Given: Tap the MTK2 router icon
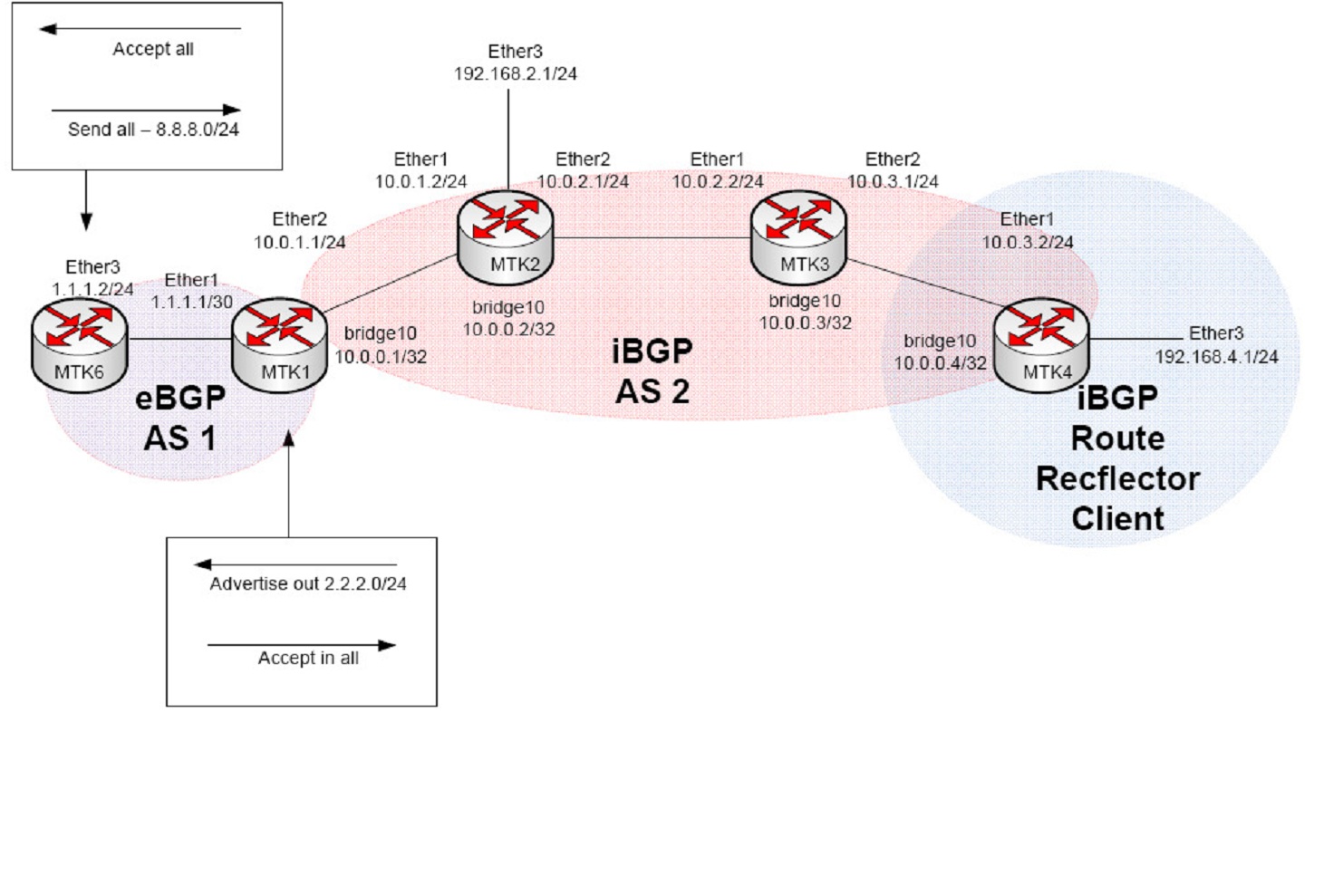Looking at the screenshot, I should click(x=505, y=238).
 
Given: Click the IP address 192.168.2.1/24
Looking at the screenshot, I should click(x=515, y=74).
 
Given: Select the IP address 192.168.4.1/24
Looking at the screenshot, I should click(x=1216, y=357).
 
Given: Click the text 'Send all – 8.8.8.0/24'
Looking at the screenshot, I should click(x=153, y=130).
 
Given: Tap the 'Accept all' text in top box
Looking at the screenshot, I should click(x=153, y=49).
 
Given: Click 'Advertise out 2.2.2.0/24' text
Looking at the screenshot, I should click(x=308, y=584).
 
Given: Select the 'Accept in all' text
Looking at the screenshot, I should click(x=308, y=659).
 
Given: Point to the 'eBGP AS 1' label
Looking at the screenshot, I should click(x=179, y=419).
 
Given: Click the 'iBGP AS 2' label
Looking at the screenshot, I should click(x=652, y=371).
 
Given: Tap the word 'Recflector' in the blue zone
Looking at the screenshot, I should click(x=1117, y=478).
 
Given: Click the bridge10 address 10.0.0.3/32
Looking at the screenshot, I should click(x=805, y=323).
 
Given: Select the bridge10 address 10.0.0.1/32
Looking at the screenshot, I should click(x=381, y=357).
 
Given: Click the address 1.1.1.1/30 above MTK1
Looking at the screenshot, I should click(x=191, y=303).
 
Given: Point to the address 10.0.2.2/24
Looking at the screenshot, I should click(x=717, y=182).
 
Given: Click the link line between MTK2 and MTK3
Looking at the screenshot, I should click(x=652, y=238).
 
